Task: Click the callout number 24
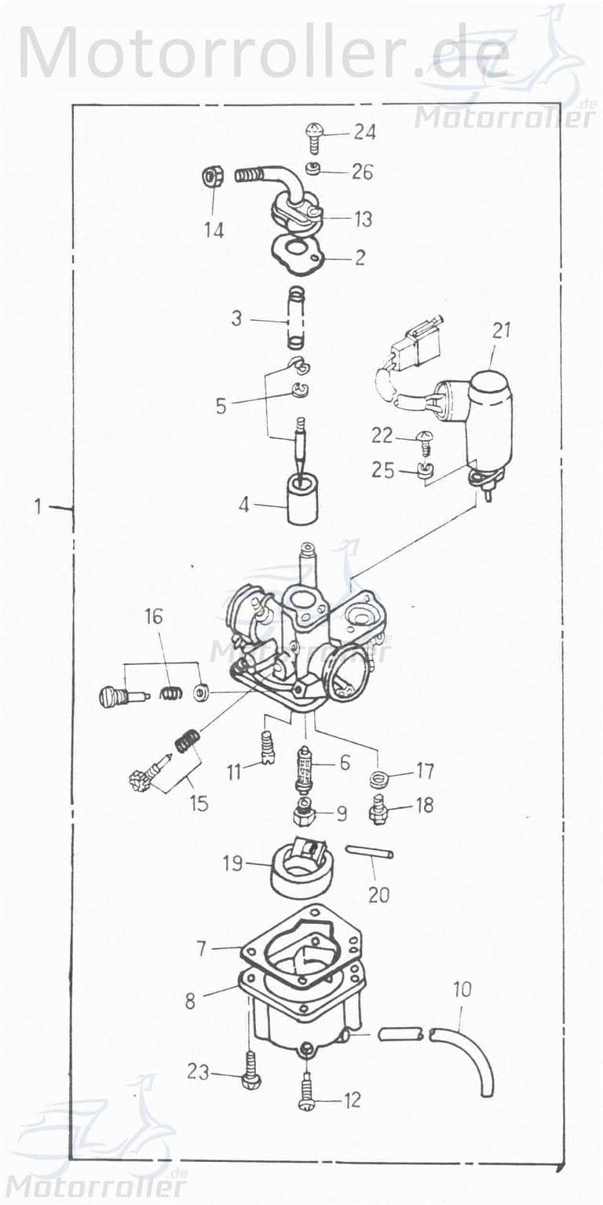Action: (364, 132)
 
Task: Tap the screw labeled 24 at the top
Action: (313, 137)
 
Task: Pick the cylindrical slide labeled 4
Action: (301, 500)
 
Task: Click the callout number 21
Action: (501, 330)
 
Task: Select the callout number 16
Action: (154, 616)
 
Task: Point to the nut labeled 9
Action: (304, 813)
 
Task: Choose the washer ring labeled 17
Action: (380, 779)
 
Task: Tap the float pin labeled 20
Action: (369, 853)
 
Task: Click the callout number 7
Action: (202, 949)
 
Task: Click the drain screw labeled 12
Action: (306, 1096)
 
